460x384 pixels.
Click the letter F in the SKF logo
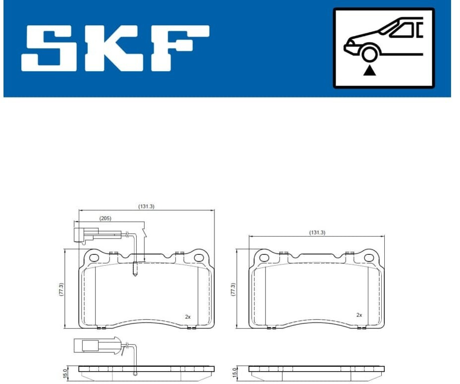[180, 48]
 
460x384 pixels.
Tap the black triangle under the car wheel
[370, 71]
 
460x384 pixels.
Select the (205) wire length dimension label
[105, 218]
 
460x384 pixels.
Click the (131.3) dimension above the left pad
[146, 206]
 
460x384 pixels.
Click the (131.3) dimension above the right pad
[317, 233]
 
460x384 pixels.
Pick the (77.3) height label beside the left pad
[61, 289]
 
